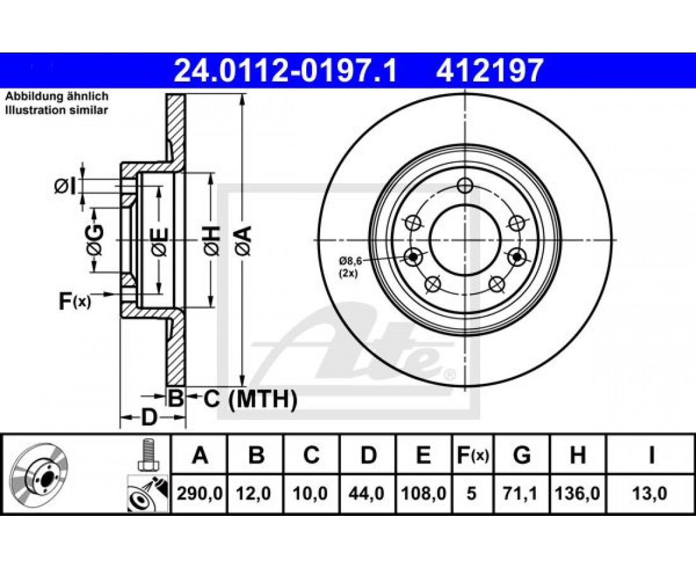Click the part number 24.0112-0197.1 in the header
(285, 71)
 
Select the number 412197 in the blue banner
(490, 71)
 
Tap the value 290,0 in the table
(200, 493)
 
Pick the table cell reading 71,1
(522, 493)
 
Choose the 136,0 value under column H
(578, 493)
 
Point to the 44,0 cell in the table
(368, 493)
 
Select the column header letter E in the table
(424, 455)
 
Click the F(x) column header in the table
(472, 455)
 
